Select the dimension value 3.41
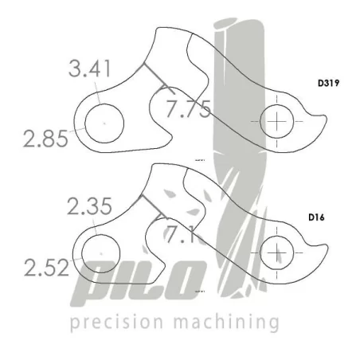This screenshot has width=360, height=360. click(x=89, y=70)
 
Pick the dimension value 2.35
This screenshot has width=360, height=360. click(x=89, y=208)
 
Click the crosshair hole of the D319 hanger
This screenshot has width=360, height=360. click(x=276, y=122)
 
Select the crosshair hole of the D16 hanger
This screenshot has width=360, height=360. click(x=276, y=252)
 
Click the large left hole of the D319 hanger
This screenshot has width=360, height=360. click(x=104, y=124)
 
